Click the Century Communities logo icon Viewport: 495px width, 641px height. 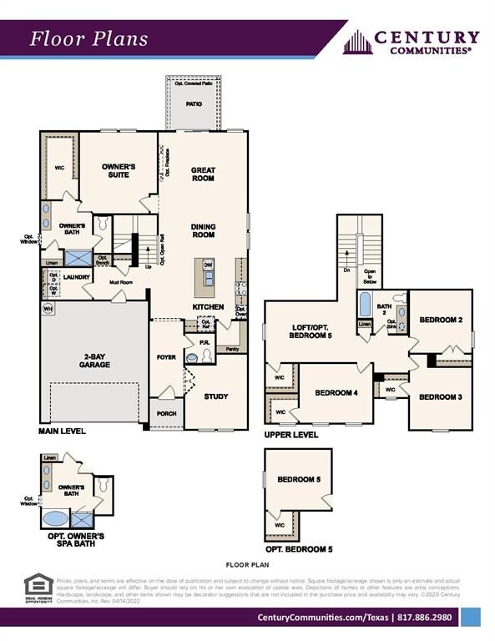click(357, 42)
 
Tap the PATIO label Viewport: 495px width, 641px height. click(194, 104)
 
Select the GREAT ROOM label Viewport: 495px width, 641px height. click(203, 174)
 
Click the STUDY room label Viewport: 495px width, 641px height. click(216, 396)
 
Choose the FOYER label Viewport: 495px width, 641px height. click(166, 356)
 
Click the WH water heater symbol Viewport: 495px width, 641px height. click(48, 308)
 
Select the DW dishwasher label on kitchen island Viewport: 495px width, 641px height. click(208, 264)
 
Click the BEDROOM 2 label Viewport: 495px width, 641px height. click(440, 320)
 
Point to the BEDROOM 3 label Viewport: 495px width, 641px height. click(440, 397)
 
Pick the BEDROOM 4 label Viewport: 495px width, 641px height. click(335, 391)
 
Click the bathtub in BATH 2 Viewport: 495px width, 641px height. click(365, 305)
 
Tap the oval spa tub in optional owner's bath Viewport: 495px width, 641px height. click(55, 518)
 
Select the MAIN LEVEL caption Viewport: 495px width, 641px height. click(62, 432)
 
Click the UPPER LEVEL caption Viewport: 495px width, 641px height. click(290, 435)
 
